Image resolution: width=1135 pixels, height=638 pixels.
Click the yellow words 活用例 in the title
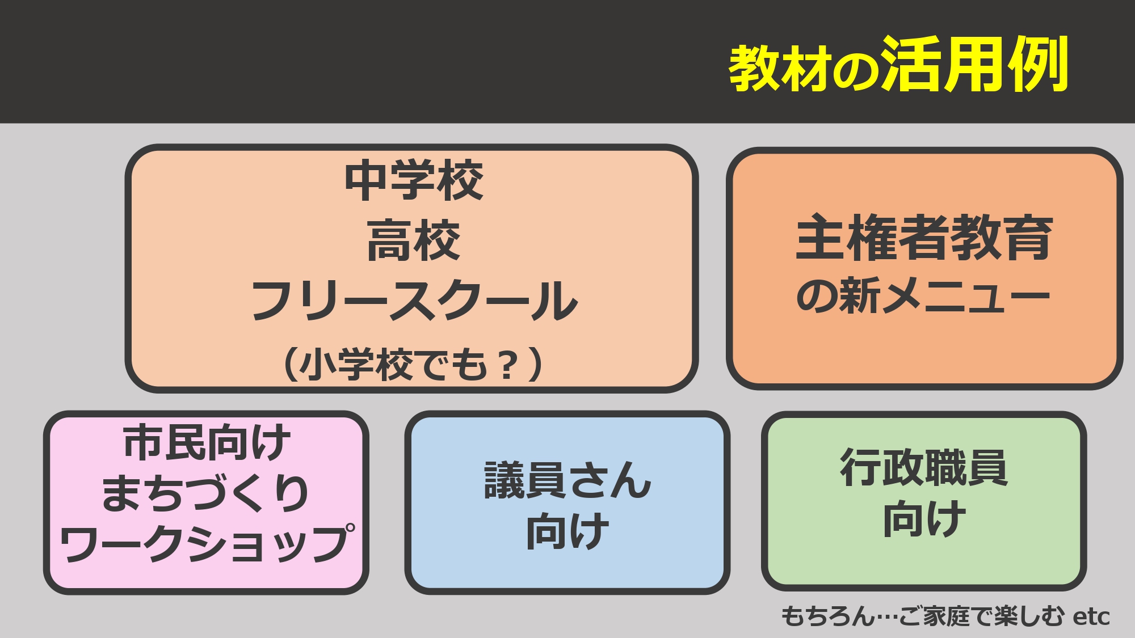coord(975,64)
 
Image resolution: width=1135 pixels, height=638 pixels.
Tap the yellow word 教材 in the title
coord(780,68)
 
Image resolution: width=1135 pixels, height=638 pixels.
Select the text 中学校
coord(414,180)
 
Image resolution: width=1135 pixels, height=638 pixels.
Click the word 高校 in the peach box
coord(414,241)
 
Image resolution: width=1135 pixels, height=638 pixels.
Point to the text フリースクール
coord(414,301)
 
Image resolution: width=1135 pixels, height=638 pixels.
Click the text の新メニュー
coord(923,295)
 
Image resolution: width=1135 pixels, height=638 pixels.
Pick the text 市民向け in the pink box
coord(207,442)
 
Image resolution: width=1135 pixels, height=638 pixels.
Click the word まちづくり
coord(205,492)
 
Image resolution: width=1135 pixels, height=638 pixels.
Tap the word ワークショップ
coord(207,543)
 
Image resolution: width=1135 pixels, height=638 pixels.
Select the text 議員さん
coord(567,480)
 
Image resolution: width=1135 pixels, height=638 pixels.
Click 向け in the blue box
coord(567,531)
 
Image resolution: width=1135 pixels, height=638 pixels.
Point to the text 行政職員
coord(924,467)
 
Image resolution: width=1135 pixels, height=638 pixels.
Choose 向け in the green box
coord(924,518)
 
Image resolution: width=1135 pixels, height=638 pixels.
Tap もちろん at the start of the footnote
coord(829,616)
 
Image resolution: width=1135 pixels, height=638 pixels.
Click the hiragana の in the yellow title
coord(856,72)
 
